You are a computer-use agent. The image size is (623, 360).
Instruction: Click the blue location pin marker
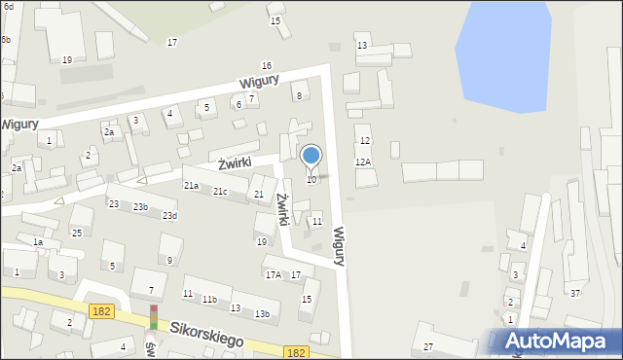click(311, 157)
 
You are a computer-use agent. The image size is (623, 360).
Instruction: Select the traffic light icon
click(153, 317)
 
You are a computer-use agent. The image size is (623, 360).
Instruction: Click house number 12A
click(363, 162)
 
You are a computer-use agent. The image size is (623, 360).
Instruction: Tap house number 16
click(266, 65)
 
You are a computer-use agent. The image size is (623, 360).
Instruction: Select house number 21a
click(191, 185)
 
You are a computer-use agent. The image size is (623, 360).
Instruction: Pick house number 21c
click(220, 192)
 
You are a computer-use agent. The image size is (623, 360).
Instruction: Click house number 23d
click(169, 215)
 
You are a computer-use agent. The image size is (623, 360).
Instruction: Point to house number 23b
click(141, 207)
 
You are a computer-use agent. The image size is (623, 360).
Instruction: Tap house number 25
click(76, 233)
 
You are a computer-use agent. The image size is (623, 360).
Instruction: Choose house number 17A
click(274, 274)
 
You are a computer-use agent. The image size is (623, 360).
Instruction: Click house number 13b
click(262, 313)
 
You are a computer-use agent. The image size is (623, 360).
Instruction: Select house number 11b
click(209, 299)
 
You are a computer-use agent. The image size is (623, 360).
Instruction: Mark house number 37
click(575, 293)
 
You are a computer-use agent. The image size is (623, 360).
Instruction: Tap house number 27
click(427, 346)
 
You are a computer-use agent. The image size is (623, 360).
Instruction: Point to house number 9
click(169, 260)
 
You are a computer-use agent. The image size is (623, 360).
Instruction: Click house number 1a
click(38, 242)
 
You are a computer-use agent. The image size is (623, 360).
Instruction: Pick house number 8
click(299, 95)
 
